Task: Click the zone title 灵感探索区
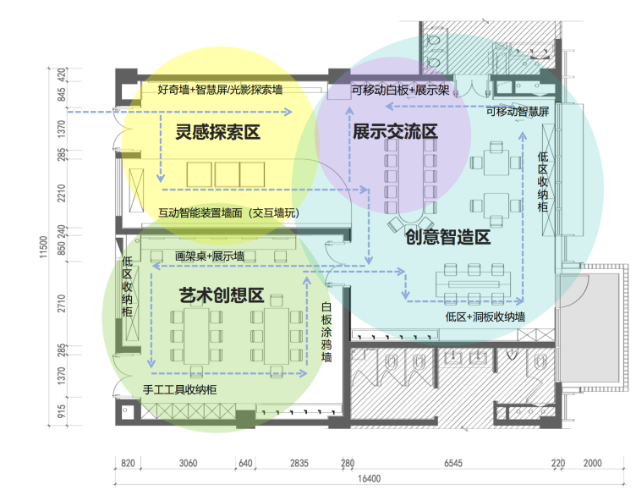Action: (x=217, y=132)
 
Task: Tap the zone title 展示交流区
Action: (x=395, y=132)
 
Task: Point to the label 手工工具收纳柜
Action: (x=180, y=390)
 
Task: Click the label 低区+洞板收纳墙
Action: (x=484, y=317)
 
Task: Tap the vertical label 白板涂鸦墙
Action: (x=326, y=333)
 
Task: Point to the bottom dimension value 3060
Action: (x=188, y=464)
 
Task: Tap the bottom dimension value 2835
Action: (x=299, y=464)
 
